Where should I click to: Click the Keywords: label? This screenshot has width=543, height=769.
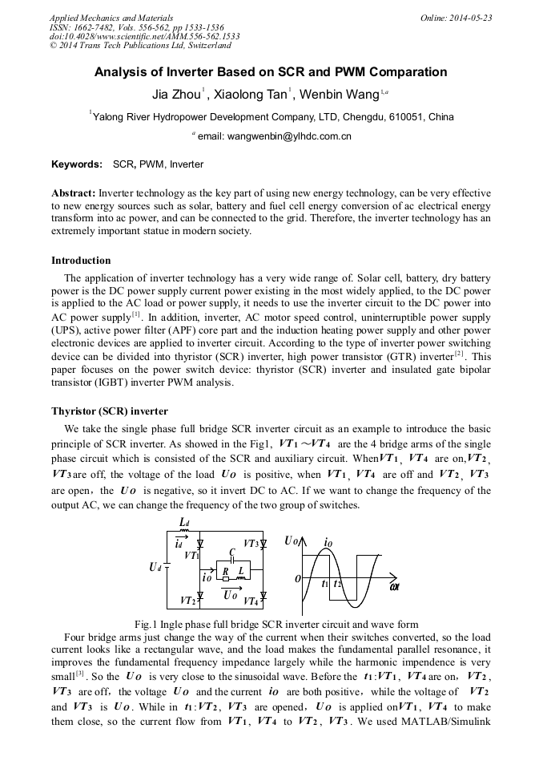click(x=77, y=164)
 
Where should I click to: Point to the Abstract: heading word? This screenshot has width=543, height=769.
click(x=74, y=194)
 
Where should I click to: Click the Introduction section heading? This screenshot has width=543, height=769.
click(x=81, y=261)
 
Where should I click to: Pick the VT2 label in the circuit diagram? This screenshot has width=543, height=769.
click(x=188, y=600)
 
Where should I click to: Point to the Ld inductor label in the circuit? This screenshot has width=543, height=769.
click(x=184, y=524)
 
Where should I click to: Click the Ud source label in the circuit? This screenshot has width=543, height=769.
click(x=155, y=568)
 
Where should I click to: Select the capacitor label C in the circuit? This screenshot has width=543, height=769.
click(x=231, y=552)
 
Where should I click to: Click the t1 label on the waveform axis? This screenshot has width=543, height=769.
click(x=325, y=584)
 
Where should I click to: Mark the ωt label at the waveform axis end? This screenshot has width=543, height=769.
click(x=395, y=587)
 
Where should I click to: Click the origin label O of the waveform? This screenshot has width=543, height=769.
click(x=296, y=577)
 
